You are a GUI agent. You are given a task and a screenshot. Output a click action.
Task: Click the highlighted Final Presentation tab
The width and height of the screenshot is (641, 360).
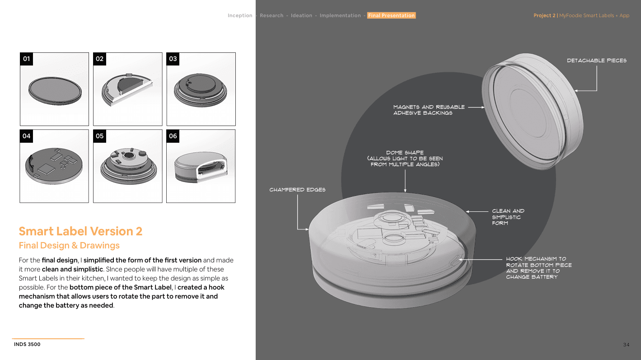click(391, 15)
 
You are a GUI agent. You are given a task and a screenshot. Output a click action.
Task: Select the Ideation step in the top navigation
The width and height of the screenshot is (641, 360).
click(301, 15)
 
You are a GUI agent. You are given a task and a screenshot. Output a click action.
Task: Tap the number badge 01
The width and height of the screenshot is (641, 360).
click(26, 59)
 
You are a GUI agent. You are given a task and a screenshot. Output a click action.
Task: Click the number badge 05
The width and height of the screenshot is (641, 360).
click(99, 136)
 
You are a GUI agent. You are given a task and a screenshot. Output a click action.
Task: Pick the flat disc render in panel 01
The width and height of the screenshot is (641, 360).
click(55, 91)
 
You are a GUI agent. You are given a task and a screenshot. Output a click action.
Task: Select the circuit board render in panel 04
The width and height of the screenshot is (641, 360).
click(54, 166)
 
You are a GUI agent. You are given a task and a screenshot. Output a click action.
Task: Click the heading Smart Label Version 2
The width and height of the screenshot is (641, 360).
click(80, 231)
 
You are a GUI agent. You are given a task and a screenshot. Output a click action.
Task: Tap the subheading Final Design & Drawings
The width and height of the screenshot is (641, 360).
click(69, 245)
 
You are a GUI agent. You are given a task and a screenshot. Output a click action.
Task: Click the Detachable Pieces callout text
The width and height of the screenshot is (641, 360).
click(597, 61)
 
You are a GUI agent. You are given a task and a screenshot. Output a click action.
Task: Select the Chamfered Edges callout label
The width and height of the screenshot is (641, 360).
click(297, 190)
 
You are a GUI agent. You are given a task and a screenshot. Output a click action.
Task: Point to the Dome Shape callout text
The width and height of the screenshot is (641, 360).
click(405, 159)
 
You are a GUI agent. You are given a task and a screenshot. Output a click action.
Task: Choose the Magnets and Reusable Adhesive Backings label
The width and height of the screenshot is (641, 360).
click(429, 110)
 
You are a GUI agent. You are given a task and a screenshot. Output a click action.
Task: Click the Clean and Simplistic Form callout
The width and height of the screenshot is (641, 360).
click(508, 217)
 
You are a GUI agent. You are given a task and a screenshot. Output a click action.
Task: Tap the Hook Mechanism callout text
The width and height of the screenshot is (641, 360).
click(539, 268)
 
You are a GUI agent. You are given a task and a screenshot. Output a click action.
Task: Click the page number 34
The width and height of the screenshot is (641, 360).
click(626, 345)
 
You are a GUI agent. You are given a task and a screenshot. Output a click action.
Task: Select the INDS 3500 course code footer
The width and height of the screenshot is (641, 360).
click(27, 344)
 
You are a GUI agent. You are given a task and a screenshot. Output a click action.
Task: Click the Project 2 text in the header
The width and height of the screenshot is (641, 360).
click(544, 15)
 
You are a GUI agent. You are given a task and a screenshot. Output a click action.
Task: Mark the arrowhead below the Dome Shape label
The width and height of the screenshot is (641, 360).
click(405, 191)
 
